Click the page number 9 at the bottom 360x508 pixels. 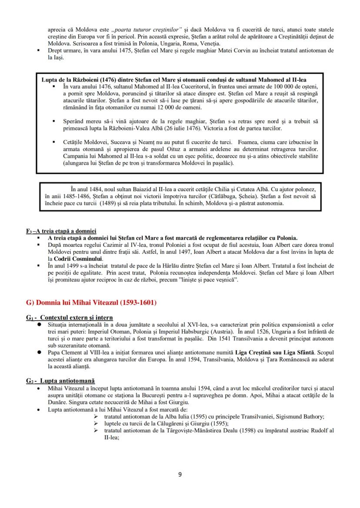click(x=180, y=475)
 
